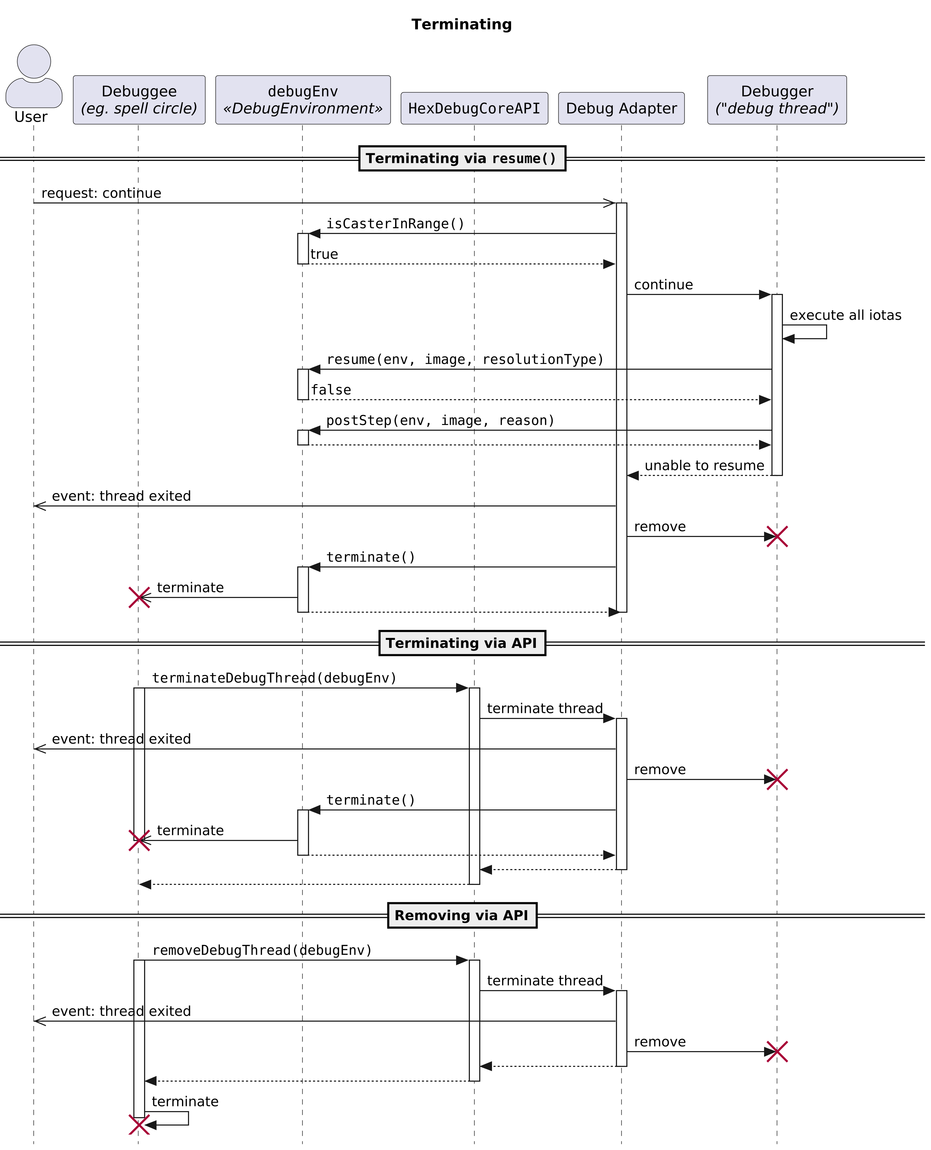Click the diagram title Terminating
coord(461,25)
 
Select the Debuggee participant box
coord(139,100)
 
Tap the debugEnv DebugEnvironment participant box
coord(303,100)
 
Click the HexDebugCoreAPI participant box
coord(474,108)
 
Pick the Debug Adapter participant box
coord(621,108)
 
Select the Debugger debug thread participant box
coord(777,100)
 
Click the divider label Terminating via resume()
coord(462,158)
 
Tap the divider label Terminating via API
coord(462,643)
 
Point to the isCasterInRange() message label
coord(395,224)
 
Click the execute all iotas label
coord(845,315)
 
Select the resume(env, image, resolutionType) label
coord(465,359)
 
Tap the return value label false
coord(331,390)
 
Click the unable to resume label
coord(704,466)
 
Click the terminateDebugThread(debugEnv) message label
coord(274,678)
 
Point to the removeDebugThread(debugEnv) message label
coord(262,951)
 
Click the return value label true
coord(324,254)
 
